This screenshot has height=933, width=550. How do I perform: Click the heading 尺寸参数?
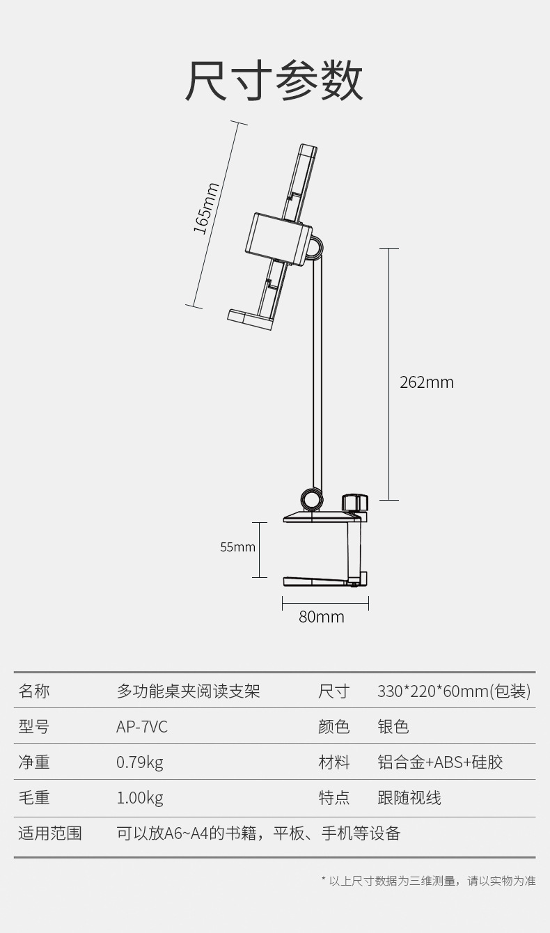[x=274, y=82]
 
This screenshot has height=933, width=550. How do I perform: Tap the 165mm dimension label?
[x=206, y=208]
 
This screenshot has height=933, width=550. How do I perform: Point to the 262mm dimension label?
[x=426, y=382]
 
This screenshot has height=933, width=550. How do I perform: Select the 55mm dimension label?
[x=237, y=547]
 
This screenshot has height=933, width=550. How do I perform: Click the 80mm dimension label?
[x=322, y=617]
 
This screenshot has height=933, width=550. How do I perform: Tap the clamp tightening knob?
[x=354, y=503]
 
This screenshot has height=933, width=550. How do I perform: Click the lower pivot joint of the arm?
[x=311, y=499]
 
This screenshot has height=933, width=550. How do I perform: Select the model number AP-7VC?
[x=142, y=727]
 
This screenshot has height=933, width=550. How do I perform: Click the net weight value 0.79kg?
[x=139, y=762]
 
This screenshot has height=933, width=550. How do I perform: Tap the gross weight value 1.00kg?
[x=139, y=798]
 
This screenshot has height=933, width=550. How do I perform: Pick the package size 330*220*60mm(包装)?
[x=454, y=691]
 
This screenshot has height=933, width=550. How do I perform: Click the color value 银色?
[x=393, y=727]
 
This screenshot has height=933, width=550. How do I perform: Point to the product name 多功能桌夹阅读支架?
[x=188, y=691]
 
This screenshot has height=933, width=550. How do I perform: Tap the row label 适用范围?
[x=50, y=833]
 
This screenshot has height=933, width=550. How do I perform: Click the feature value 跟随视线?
[x=409, y=798]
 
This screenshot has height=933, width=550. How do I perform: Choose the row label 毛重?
[x=34, y=798]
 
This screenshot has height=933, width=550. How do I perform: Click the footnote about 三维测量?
[x=429, y=881]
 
